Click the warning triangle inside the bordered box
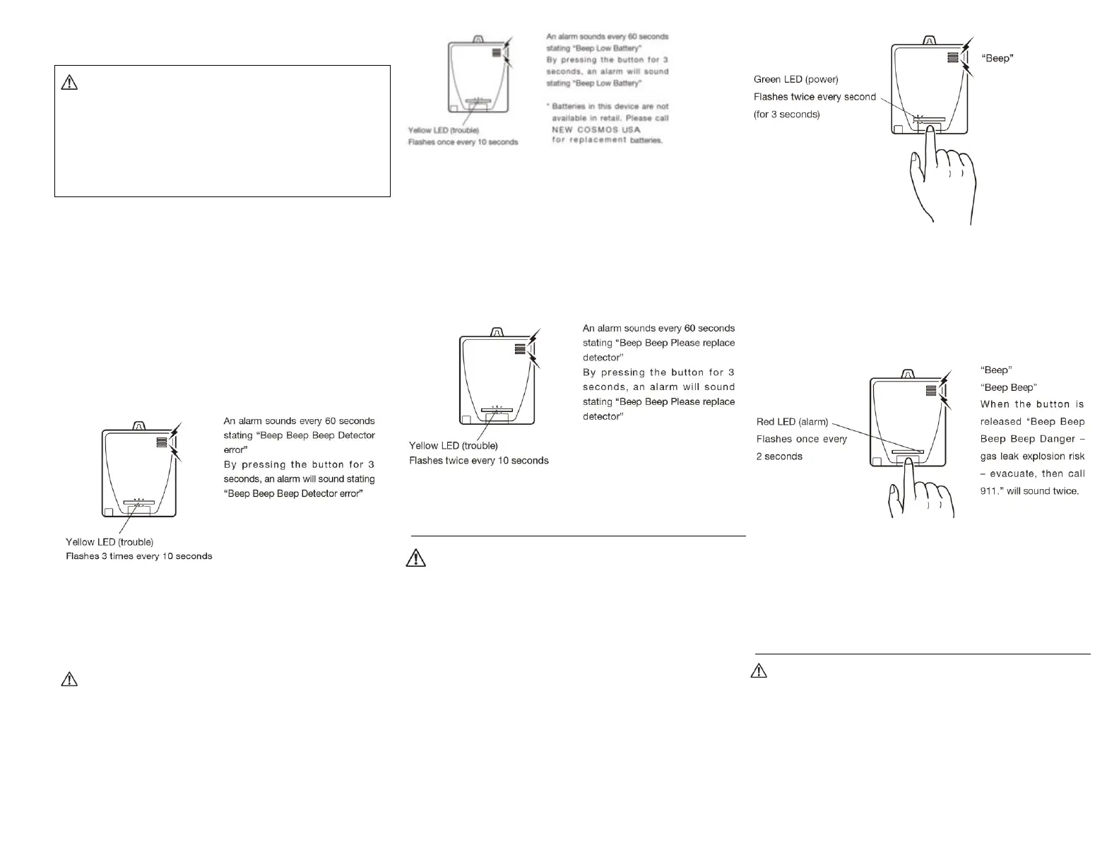point(69,83)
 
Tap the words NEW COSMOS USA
point(596,129)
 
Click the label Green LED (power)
point(796,79)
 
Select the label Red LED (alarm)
point(792,422)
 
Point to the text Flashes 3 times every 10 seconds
point(139,556)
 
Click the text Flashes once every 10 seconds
point(463,142)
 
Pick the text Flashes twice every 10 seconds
point(479,461)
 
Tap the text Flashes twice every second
point(815,97)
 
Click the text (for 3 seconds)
point(787,114)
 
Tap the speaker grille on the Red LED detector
point(930,390)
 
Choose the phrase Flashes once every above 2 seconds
point(801,439)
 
